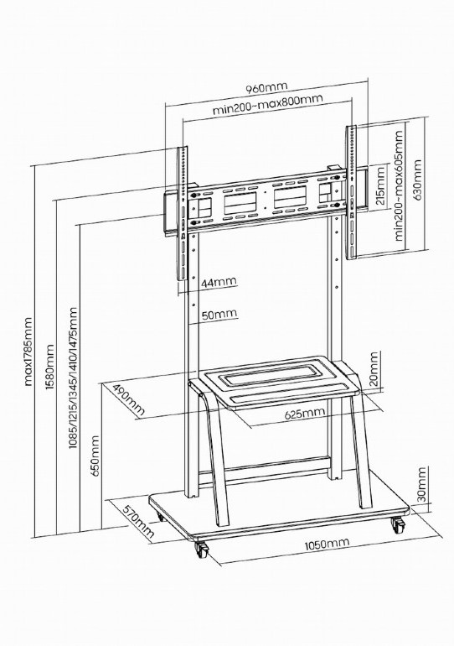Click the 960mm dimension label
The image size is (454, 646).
point(266,88)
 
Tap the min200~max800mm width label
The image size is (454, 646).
point(268,106)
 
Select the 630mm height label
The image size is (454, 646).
point(418,180)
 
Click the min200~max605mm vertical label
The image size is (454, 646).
point(399,185)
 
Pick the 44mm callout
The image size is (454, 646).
point(219,283)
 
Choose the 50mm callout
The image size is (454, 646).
point(219,315)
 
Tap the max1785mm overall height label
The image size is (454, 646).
point(28,352)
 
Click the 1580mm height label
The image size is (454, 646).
point(49,367)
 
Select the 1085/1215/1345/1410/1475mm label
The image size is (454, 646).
point(73,378)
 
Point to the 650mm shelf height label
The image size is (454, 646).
point(95,456)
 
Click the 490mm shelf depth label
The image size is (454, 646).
point(129,399)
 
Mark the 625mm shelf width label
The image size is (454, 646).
point(305,413)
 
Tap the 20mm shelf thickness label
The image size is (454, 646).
point(374,369)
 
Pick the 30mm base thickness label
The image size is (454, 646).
point(421,484)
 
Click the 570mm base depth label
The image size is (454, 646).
point(138,522)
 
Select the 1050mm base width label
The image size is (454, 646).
point(327,544)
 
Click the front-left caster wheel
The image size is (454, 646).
point(202,550)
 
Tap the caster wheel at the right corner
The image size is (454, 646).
point(398,525)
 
